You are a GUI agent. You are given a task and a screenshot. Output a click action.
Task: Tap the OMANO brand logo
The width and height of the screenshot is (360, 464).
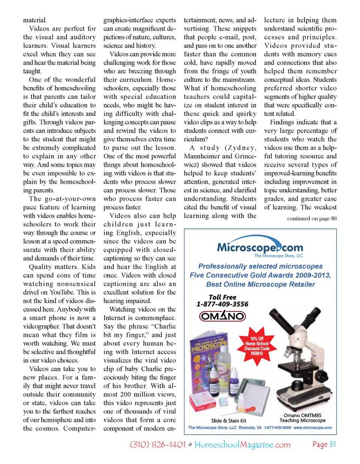(222, 316)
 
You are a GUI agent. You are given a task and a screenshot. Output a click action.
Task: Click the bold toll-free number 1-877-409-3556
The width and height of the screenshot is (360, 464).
(222, 304)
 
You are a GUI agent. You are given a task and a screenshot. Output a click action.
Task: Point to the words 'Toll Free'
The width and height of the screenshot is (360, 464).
(222, 297)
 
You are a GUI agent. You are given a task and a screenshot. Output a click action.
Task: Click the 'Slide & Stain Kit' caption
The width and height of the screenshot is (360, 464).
(228, 421)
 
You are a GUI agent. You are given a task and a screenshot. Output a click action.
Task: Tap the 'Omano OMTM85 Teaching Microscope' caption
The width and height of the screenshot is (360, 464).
(302, 418)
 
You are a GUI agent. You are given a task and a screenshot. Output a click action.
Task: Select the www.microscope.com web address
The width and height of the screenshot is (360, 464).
(312, 428)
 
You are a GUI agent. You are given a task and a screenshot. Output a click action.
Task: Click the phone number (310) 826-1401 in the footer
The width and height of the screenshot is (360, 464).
(157, 445)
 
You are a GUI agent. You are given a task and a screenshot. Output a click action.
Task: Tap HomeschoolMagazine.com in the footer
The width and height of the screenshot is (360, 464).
(242, 445)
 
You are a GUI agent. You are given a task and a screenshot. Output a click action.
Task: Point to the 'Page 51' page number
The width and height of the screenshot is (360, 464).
(324, 444)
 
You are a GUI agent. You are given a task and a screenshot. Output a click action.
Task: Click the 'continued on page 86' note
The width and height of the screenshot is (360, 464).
(312, 218)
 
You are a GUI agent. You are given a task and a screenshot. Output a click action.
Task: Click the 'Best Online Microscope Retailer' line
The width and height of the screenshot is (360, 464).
(261, 284)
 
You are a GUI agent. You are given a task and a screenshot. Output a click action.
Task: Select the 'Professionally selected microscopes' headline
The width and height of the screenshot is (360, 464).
(260, 266)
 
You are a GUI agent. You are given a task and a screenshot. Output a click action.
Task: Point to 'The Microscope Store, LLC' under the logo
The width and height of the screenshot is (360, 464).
(279, 256)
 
